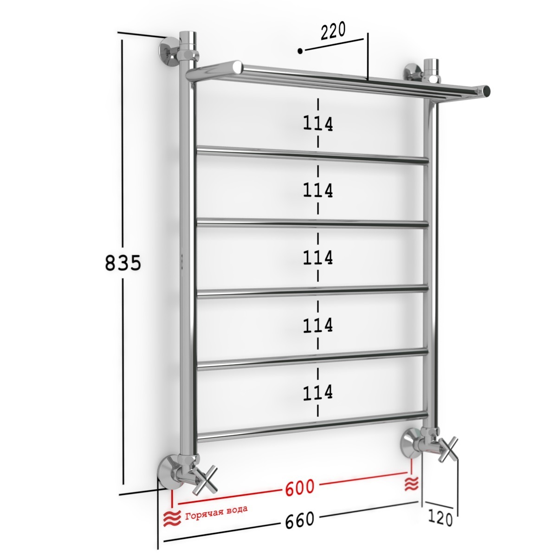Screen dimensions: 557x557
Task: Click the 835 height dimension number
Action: [x=123, y=263]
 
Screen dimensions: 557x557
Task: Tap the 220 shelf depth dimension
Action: [x=333, y=31]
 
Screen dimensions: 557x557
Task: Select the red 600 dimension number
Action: [x=300, y=487]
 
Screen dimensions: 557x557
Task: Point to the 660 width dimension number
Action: [x=300, y=519]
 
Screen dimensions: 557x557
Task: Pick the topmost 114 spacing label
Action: [x=318, y=124]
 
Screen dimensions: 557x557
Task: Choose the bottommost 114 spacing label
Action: [x=318, y=393]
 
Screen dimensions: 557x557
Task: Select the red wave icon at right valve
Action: [x=412, y=484]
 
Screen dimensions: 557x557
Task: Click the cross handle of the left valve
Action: [x=205, y=483]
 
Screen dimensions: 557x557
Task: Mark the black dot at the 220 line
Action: [x=300, y=51]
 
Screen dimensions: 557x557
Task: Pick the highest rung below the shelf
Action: [x=312, y=155]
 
